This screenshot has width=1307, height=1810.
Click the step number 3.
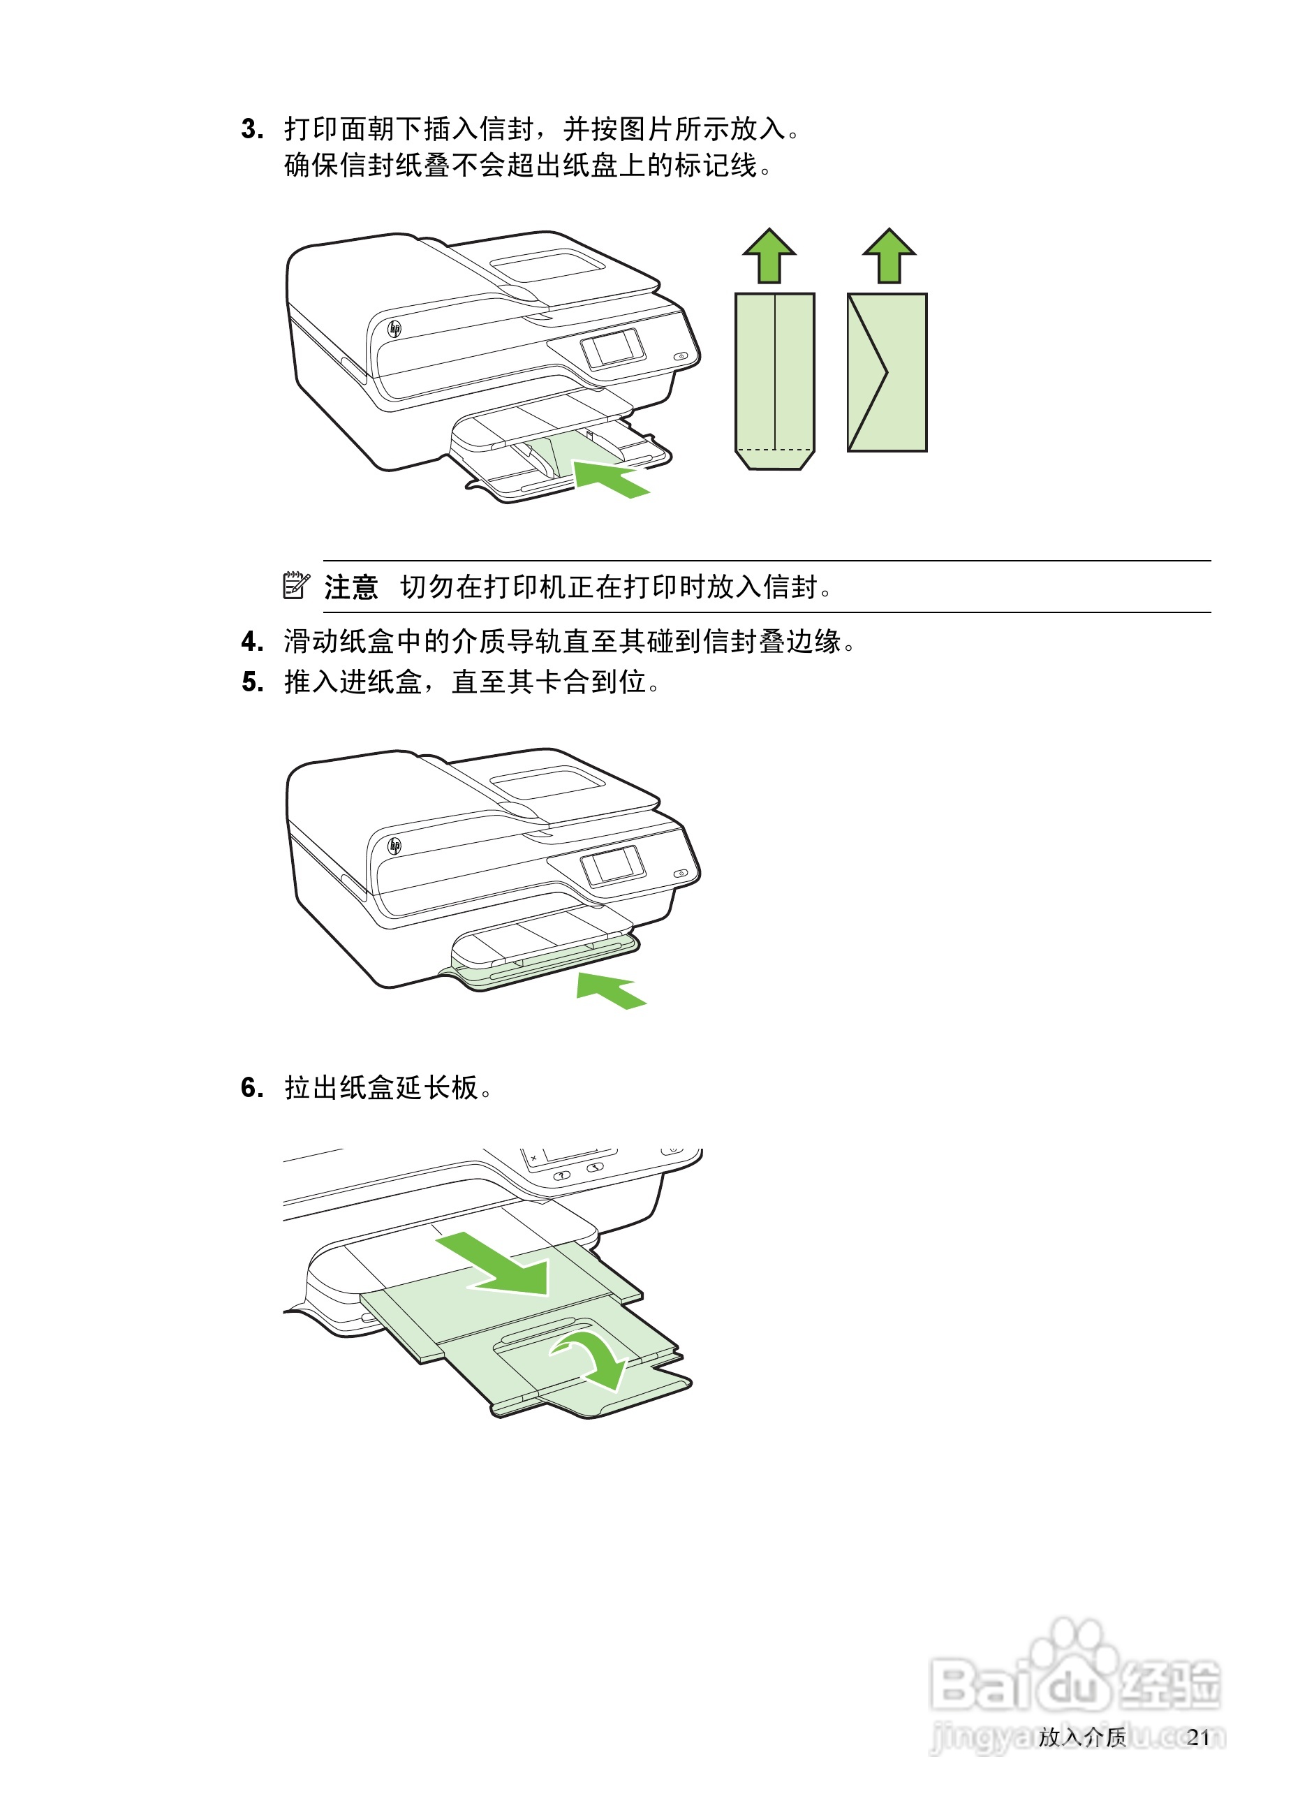[252, 129]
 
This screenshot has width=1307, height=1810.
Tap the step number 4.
[252, 642]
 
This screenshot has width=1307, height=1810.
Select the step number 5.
[252, 682]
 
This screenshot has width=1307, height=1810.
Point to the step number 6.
[252, 1088]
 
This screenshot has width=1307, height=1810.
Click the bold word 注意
[350, 587]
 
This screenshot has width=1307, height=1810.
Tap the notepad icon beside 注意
[296, 585]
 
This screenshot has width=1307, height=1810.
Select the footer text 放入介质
[1081, 1737]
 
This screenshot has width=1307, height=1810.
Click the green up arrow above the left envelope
[769, 256]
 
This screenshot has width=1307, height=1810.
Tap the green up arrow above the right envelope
[889, 256]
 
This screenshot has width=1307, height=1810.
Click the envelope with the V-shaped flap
[887, 373]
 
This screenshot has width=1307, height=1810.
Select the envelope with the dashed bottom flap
[774, 380]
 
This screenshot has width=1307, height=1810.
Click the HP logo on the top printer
[394, 328]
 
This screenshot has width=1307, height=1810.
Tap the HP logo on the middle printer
[394, 845]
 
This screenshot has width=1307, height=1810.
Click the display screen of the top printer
[613, 348]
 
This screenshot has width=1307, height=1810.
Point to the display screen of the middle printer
[613, 865]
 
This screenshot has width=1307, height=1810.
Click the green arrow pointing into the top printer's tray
[610, 479]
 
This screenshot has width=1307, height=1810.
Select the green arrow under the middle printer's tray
[610, 990]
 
